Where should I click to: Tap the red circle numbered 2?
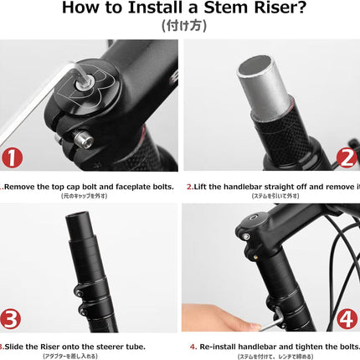[x=347, y=157]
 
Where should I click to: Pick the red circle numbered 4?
[x=347, y=318]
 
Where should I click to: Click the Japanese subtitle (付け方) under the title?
[x=180, y=26]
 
